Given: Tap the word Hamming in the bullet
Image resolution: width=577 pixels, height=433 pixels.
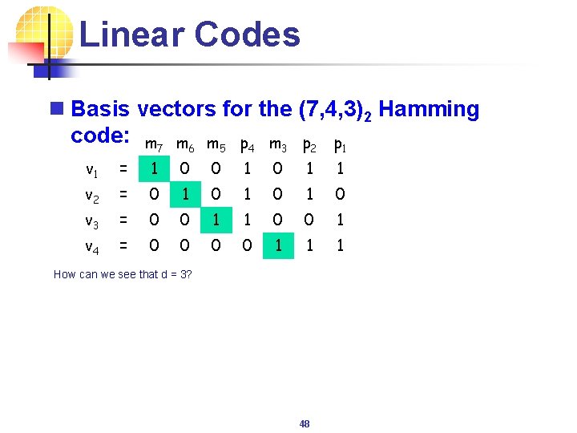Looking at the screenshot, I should (429, 109).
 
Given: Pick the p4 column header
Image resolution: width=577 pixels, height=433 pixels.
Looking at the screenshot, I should (248, 146).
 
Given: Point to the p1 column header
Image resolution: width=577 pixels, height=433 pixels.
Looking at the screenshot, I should (340, 146).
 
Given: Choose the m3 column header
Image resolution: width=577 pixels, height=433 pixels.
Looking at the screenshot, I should (278, 146).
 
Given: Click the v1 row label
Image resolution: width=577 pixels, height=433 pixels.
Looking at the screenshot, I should (92, 168).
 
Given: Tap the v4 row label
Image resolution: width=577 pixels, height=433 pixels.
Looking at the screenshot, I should (92, 246).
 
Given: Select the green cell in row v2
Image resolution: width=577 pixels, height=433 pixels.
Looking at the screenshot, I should (186, 194).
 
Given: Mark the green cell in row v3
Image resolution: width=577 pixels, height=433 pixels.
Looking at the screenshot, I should (216, 220).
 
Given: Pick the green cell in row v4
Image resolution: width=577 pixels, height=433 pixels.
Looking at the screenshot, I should (278, 246).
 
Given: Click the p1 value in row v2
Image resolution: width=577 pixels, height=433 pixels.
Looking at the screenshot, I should (340, 194).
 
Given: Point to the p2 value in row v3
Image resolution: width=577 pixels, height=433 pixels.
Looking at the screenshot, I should (309, 220).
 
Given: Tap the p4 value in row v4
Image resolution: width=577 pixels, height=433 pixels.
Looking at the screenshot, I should (248, 246).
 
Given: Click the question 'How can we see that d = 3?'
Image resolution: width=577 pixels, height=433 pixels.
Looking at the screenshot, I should (122, 274).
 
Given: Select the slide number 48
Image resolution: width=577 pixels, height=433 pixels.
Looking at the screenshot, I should (305, 423).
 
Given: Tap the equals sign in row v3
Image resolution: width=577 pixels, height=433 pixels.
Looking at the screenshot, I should (123, 220).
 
